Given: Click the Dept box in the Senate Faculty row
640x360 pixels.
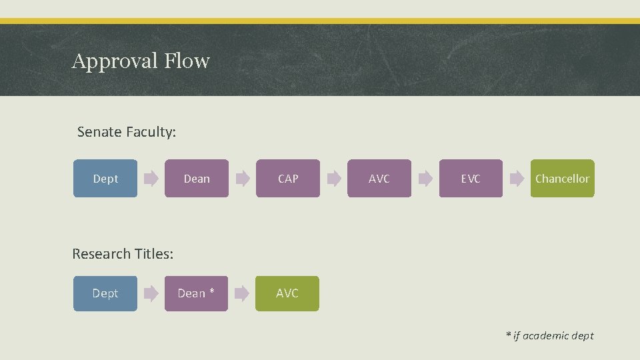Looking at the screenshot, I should pyautogui.click(x=105, y=179).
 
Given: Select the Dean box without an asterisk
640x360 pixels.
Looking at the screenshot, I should pyautogui.click(x=197, y=179).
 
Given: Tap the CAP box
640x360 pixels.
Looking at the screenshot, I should pyautogui.click(x=288, y=179).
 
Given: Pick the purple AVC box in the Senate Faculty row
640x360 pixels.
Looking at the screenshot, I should pyautogui.click(x=379, y=179).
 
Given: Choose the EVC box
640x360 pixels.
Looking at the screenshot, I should pyautogui.click(x=471, y=179).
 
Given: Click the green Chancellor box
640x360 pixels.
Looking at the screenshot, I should pyautogui.click(x=562, y=179).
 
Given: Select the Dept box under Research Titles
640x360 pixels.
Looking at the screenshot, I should pyautogui.click(x=105, y=293).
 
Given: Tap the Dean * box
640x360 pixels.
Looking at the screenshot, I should pyautogui.click(x=196, y=293).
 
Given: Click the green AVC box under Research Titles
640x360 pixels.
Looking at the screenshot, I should pyautogui.click(x=287, y=293).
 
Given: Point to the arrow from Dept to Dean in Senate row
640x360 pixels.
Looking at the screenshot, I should pyautogui.click(x=151, y=179).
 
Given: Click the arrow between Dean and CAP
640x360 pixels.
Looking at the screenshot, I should pyautogui.click(x=243, y=179).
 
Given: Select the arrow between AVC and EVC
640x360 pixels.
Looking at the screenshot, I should pyautogui.click(x=425, y=179).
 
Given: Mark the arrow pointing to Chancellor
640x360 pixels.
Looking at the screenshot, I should pyautogui.click(x=517, y=179).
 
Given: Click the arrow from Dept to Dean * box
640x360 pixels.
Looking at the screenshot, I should pyautogui.click(x=151, y=293).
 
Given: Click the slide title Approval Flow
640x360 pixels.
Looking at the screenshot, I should pyautogui.click(x=141, y=61).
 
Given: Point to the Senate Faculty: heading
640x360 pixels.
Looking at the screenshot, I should pyautogui.click(x=127, y=132).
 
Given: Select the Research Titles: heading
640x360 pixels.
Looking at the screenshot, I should pyautogui.click(x=123, y=254).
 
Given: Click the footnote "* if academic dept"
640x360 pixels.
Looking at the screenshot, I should pyautogui.click(x=549, y=335).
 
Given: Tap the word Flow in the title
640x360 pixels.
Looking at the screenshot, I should pyautogui.click(x=187, y=61).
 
